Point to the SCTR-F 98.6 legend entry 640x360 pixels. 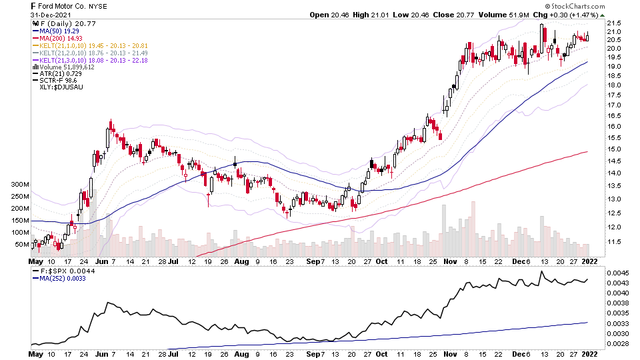[56, 81]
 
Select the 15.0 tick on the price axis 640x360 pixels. [615, 149]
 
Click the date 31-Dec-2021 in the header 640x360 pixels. [51, 15]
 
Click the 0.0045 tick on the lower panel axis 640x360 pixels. [617, 273]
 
